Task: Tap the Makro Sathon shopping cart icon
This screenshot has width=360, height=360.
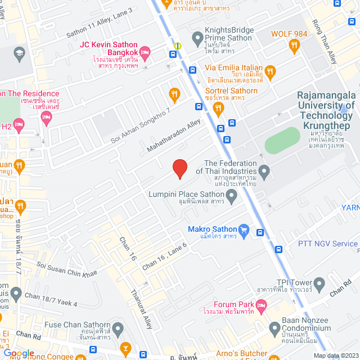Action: [244, 229]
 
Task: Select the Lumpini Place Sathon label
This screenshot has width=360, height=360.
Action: [186, 194]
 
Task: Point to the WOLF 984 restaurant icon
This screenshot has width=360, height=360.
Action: [294, 44]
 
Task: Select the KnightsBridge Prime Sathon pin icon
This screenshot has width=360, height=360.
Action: [197, 38]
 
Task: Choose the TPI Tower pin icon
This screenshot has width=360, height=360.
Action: [319, 283]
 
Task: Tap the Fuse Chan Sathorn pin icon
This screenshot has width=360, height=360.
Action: [118, 328]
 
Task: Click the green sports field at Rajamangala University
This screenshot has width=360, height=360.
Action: [283, 140]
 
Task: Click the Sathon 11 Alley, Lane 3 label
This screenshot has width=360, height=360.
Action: [100, 19]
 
